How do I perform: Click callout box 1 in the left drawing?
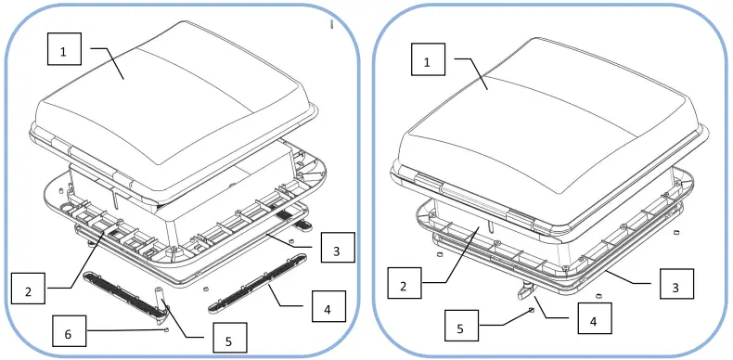coord(64,53)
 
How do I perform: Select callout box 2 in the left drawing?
coord(29,291)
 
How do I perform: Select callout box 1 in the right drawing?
coord(428,62)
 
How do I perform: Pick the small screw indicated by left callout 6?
coord(164,328)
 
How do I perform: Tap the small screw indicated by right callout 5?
coord(530,311)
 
